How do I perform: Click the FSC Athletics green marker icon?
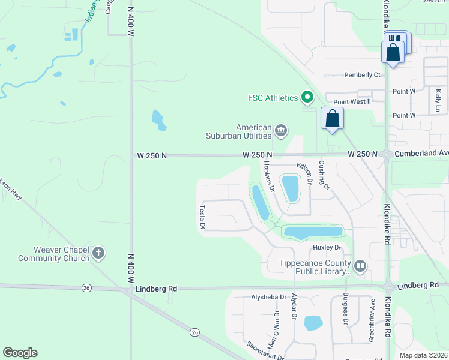[307, 97]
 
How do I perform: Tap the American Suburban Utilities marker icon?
[280, 130]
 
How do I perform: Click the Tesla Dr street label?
[202, 217]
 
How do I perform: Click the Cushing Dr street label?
[325, 175]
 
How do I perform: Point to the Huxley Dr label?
[327, 247]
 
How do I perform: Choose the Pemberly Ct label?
[363, 75]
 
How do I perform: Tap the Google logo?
[20, 353]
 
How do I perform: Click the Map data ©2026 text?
[423, 355]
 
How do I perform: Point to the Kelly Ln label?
[438, 100]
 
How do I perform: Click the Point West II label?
[352, 102]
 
